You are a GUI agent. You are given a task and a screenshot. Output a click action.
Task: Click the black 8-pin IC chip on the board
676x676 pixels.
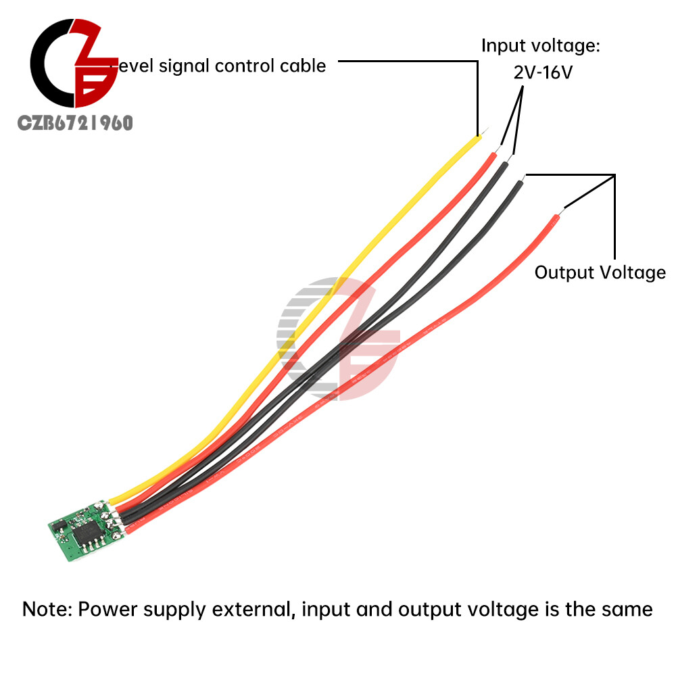[x=87, y=532]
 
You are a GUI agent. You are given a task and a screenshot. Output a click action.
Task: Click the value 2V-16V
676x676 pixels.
[x=544, y=72]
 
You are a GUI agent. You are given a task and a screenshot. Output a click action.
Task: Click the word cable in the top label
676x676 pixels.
[x=304, y=66]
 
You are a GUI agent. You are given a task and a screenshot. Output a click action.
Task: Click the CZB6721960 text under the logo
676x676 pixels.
[x=75, y=122]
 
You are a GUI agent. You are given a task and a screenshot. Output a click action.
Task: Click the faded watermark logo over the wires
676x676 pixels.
[x=338, y=338]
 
